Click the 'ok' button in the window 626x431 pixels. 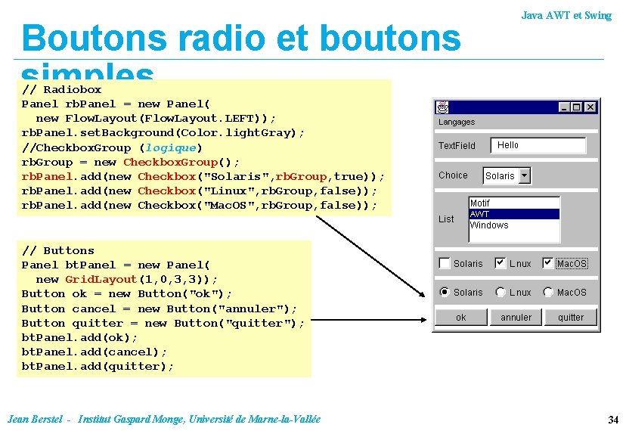[461, 318]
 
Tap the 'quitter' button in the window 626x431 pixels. [571, 318]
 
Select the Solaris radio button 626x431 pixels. [445, 292]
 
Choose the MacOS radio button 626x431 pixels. [548, 292]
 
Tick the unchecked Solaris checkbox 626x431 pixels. [445, 263]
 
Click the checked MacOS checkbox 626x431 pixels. [548, 263]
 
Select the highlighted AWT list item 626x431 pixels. [514, 214]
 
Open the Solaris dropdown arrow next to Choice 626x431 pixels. [525, 175]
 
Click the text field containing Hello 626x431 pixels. [538, 145]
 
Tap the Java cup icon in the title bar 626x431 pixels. [442, 107]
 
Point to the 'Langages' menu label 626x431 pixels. [457, 122]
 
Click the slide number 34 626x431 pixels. [613, 419]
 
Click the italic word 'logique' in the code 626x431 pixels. [171, 147]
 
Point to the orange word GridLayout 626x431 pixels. [101, 279]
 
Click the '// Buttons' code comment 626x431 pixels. [58, 250]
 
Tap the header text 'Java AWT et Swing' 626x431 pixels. [566, 15]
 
